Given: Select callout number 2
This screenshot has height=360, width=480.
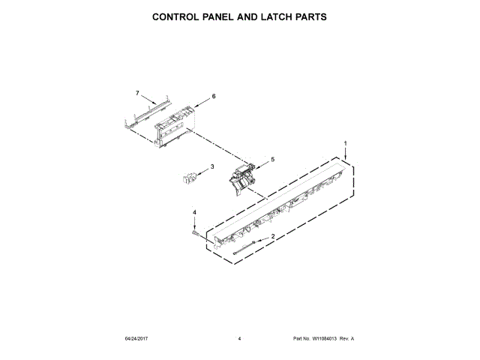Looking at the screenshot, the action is pyautogui.click(x=272, y=237).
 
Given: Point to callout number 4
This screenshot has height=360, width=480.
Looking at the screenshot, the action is pyautogui.click(x=194, y=212).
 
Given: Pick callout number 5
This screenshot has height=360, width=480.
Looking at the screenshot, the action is pyautogui.click(x=272, y=159).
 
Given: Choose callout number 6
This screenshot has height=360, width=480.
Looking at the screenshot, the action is pyautogui.click(x=214, y=97).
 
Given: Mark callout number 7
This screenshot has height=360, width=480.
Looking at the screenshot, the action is pyautogui.click(x=137, y=93).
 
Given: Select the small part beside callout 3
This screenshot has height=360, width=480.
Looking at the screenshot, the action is pyautogui.click(x=188, y=178).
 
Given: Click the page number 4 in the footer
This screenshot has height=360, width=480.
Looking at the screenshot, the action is pyautogui.click(x=239, y=339).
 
